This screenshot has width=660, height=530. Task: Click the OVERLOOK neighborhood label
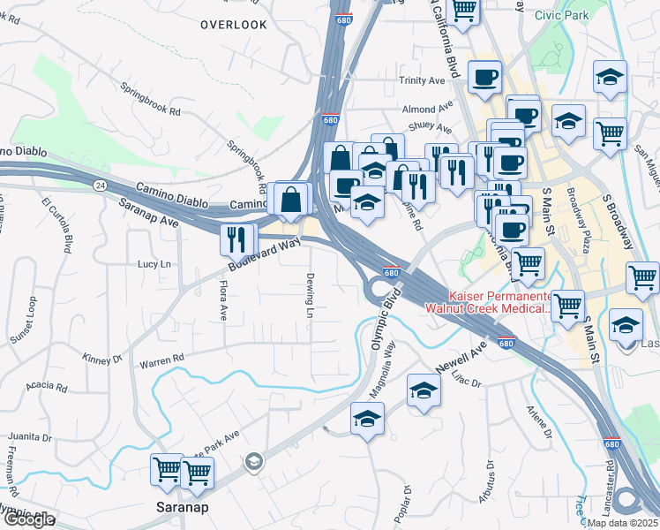(x=233, y=25)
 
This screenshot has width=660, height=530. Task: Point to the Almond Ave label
(x=420, y=110)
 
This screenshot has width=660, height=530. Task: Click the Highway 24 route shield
(x=101, y=185)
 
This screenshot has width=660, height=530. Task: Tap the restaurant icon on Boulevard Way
(x=236, y=239)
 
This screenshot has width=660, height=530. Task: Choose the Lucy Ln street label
(x=154, y=264)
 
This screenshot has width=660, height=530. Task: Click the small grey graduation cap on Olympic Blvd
(x=253, y=460)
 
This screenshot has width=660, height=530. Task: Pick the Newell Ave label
(x=461, y=358)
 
